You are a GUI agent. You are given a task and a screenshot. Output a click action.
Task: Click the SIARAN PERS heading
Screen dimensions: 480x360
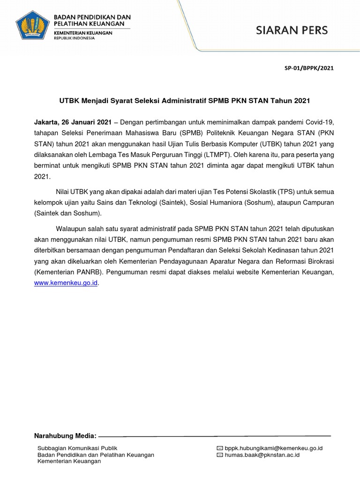[x=292, y=31]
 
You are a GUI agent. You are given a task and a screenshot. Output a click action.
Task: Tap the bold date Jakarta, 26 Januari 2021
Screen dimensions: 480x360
[x=73, y=121]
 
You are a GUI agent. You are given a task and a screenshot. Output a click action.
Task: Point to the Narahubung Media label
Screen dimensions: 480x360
[x=66, y=435]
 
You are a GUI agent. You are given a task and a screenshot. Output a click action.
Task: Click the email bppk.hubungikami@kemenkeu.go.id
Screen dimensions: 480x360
[x=273, y=448]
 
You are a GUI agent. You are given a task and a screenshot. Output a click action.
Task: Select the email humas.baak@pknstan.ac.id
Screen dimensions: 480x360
[x=262, y=455]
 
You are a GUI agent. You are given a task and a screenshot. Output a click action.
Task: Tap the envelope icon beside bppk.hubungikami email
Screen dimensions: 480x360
[x=220, y=448]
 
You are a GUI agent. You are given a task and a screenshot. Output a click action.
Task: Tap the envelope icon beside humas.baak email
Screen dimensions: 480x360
[x=220, y=455]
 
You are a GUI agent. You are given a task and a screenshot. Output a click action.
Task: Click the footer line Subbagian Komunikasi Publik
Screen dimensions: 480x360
[x=77, y=448]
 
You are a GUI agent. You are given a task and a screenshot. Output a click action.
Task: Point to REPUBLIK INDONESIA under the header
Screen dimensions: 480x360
[x=74, y=38]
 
